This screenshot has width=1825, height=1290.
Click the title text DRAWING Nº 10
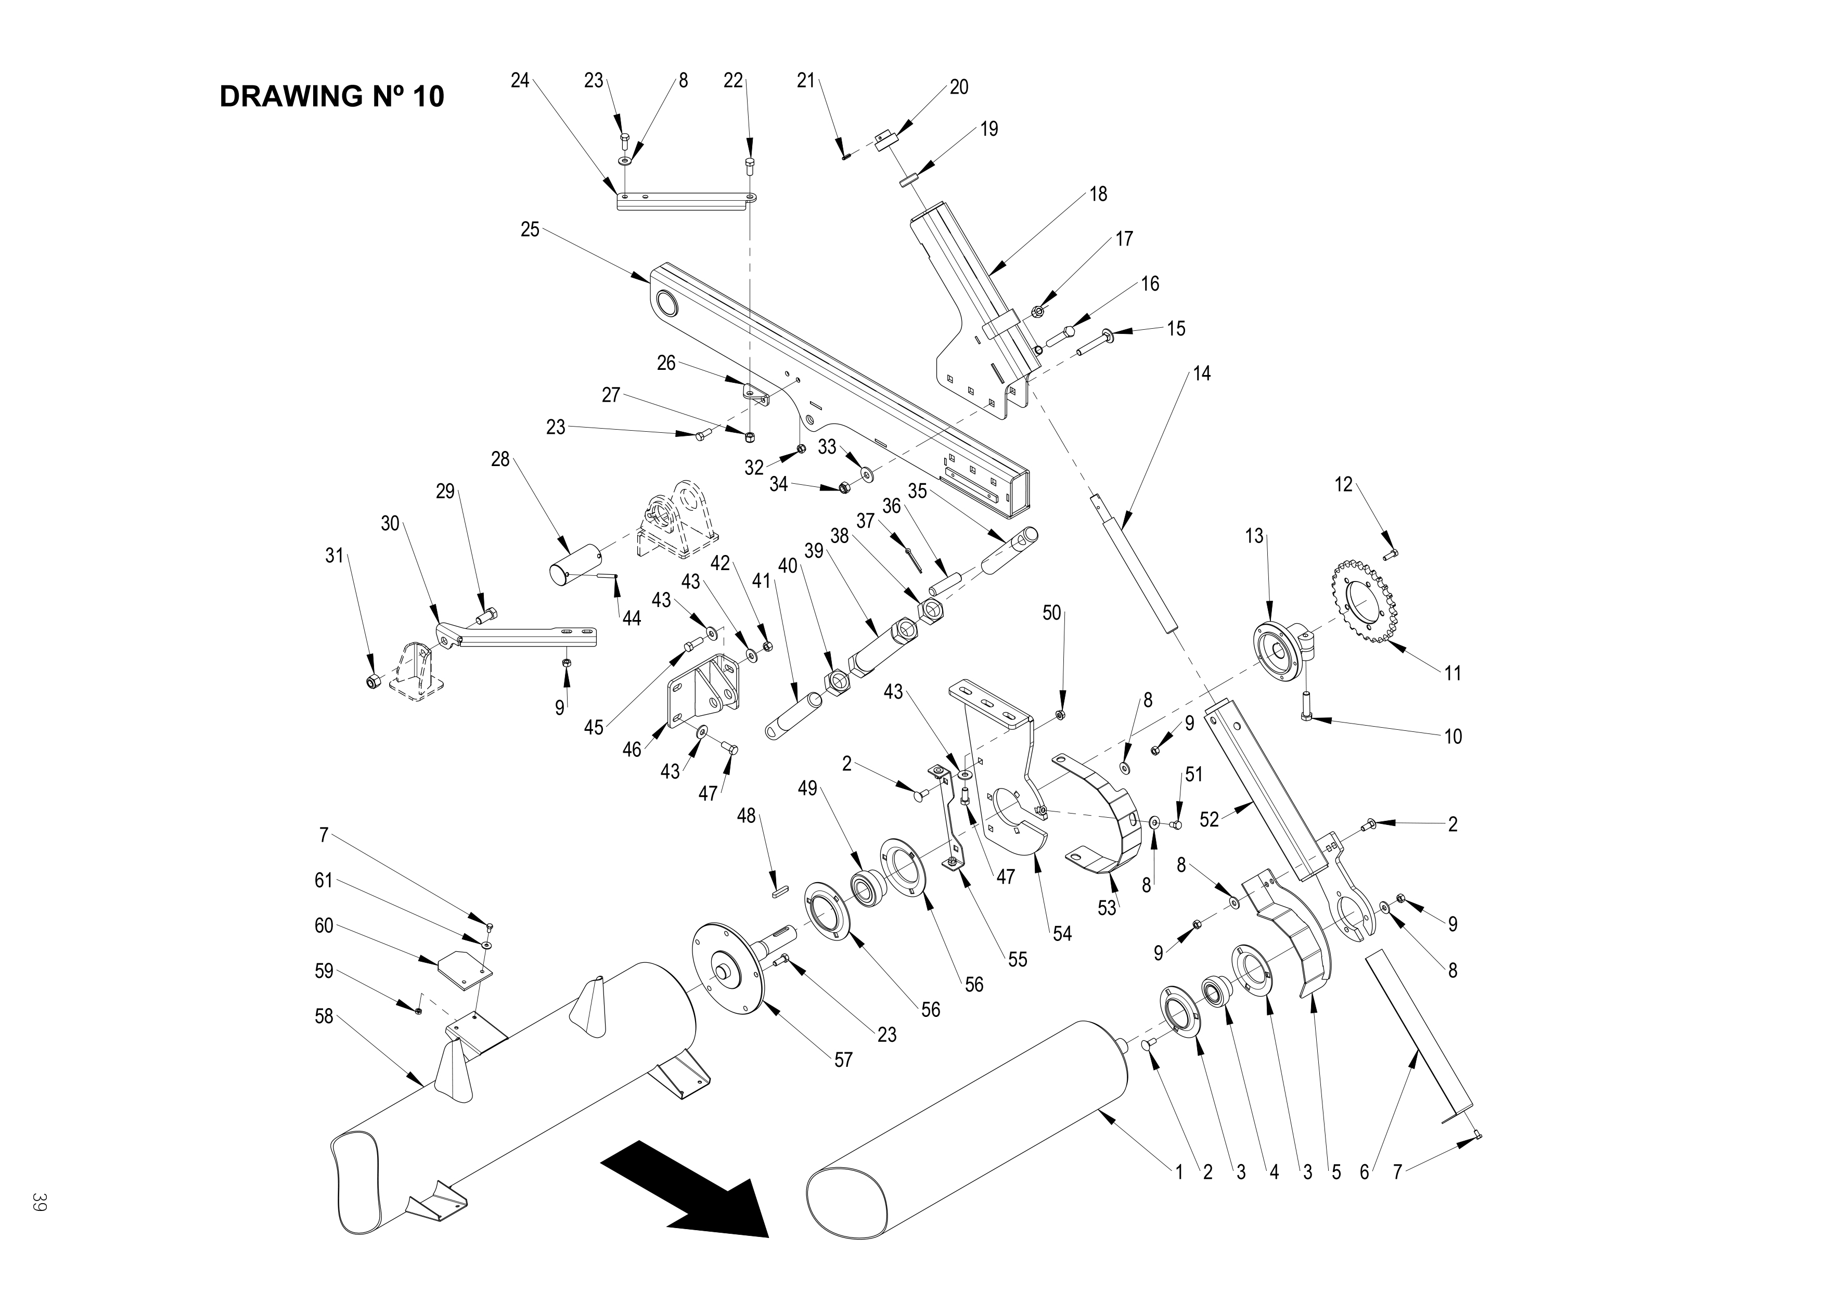[x=331, y=97]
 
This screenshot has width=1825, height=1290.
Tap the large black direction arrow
[x=688, y=1189]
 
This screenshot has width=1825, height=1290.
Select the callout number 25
[x=530, y=230]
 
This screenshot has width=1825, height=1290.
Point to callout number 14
[x=1202, y=373]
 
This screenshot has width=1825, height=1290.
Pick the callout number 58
[x=324, y=1016]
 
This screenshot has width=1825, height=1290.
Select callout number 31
[x=335, y=556]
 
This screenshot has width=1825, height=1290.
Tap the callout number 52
[x=1209, y=819]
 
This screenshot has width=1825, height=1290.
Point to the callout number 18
[x=1098, y=194]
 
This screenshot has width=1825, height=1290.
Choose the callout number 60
[x=324, y=926]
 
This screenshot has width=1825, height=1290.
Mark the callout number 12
[x=1343, y=485]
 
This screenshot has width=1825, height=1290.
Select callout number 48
[x=747, y=816]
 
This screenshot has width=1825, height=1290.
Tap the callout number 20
[x=959, y=87]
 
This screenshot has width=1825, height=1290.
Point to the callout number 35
[x=917, y=491]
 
